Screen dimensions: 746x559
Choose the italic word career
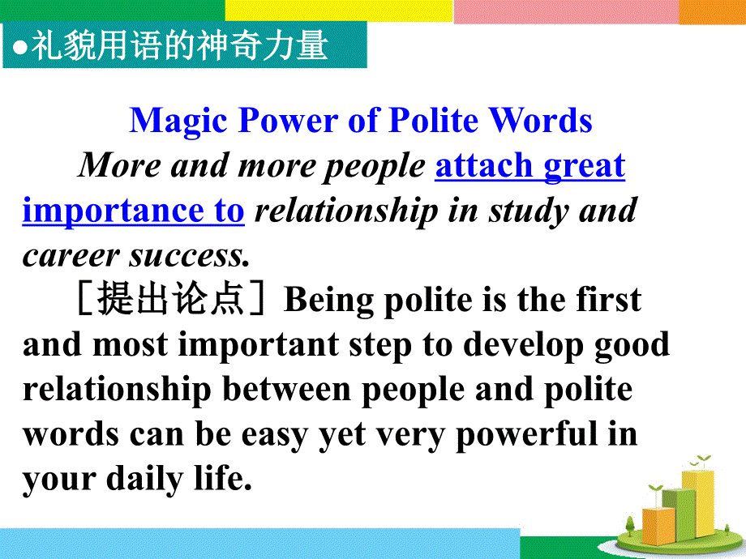(x=71, y=256)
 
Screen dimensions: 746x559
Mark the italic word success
(x=189, y=256)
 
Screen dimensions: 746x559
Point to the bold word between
(x=286, y=390)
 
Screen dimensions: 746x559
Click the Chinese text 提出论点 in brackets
(x=170, y=298)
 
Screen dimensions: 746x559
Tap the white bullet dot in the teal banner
(x=19, y=48)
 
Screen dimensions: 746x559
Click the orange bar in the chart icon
(x=658, y=526)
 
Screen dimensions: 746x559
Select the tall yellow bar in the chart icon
(x=698, y=503)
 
